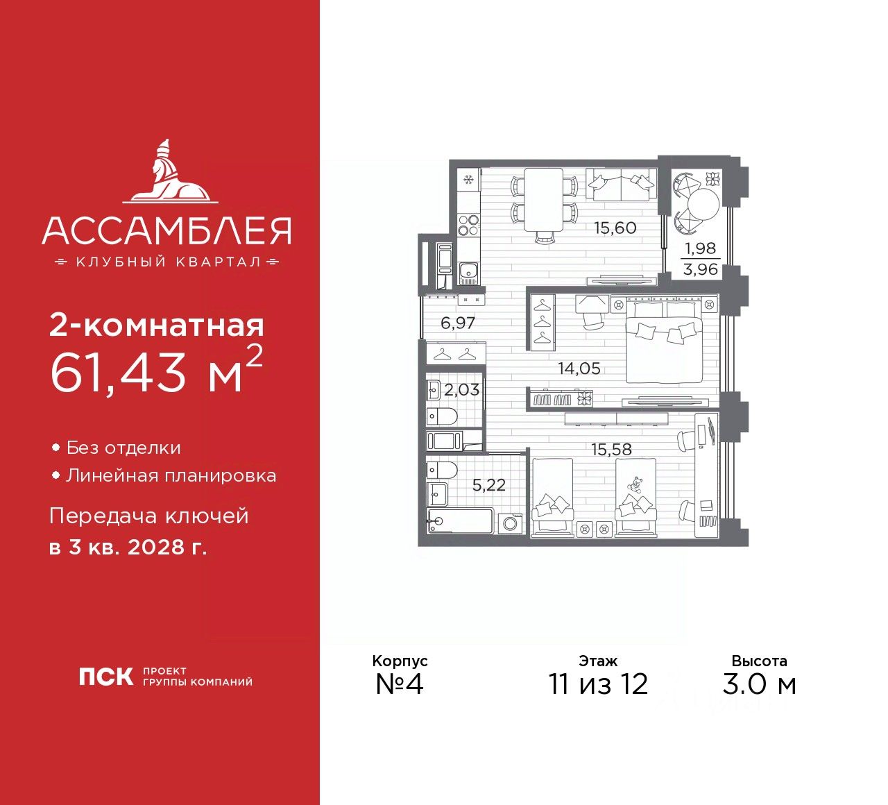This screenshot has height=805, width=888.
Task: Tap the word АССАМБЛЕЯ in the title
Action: (166, 231)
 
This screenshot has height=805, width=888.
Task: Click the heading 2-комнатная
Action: (157, 325)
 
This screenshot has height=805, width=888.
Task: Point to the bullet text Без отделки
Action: (123, 448)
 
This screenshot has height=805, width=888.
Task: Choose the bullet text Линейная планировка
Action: (171, 476)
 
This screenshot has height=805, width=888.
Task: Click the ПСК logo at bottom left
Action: (105, 677)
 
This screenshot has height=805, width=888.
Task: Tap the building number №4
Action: (399, 684)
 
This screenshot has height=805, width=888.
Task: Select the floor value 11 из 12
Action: (598, 684)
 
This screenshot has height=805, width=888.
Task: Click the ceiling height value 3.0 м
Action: (759, 684)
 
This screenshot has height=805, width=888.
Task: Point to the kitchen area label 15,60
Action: (615, 228)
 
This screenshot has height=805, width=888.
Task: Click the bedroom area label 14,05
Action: (579, 368)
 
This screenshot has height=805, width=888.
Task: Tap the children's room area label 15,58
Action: (611, 450)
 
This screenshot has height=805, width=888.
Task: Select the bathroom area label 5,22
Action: (488, 485)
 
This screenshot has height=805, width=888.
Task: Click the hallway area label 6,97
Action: (458, 323)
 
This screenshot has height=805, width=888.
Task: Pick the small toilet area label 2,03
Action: (461, 390)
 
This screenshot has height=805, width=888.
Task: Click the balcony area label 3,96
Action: (700, 269)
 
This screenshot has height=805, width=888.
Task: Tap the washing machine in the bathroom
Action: (511, 523)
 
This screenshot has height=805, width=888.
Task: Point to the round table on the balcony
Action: (703, 203)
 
